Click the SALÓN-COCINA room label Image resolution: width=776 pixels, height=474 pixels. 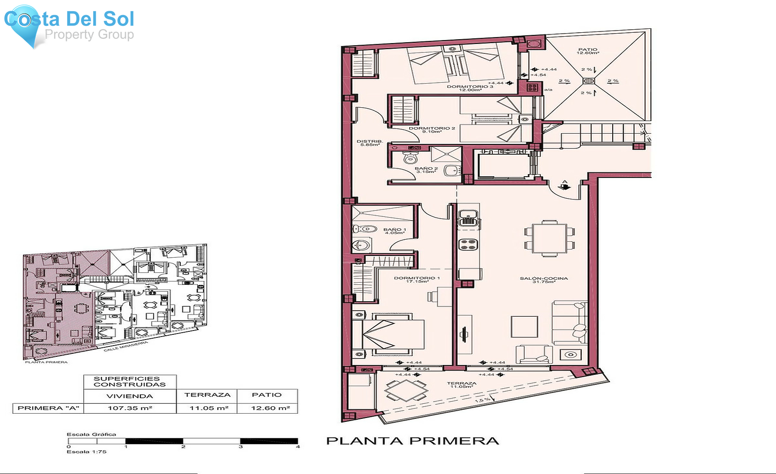pyautogui.click(x=544, y=280)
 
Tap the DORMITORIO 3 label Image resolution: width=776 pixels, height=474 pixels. pyautogui.click(x=470, y=88)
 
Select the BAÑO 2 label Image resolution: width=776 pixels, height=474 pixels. pyautogui.click(x=426, y=170)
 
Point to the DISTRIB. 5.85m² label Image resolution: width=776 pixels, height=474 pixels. pyautogui.click(x=370, y=143)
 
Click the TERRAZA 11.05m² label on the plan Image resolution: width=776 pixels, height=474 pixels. pyautogui.click(x=462, y=385)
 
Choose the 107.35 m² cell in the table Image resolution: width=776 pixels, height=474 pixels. pyautogui.click(x=130, y=408)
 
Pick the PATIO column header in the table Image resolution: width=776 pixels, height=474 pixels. pyautogui.click(x=267, y=395)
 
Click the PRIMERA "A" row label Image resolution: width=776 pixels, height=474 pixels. pyautogui.click(x=48, y=408)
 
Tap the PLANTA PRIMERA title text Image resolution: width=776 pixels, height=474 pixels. pyautogui.click(x=413, y=441)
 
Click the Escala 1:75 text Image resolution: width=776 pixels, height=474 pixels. pyautogui.click(x=86, y=452)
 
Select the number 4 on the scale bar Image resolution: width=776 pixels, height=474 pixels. pyautogui.click(x=298, y=447)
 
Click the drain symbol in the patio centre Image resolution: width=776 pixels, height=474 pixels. pyautogui.click(x=588, y=81)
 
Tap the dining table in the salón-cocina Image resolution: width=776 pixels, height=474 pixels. pyautogui.click(x=550, y=238)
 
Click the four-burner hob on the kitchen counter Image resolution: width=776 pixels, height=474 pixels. pyautogui.click(x=468, y=245)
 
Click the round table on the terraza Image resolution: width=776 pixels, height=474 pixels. pyautogui.click(x=406, y=390)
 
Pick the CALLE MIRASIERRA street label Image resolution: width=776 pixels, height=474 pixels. pyautogui.click(x=125, y=346)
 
